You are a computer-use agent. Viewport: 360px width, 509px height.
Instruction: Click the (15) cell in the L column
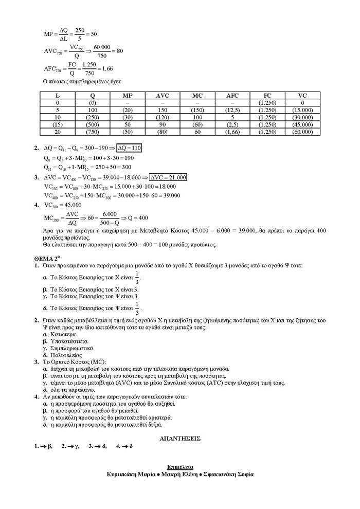click(57, 124)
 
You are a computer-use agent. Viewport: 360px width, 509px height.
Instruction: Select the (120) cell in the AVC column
click(162, 117)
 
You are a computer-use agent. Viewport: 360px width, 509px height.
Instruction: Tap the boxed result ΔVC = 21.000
click(168, 177)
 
